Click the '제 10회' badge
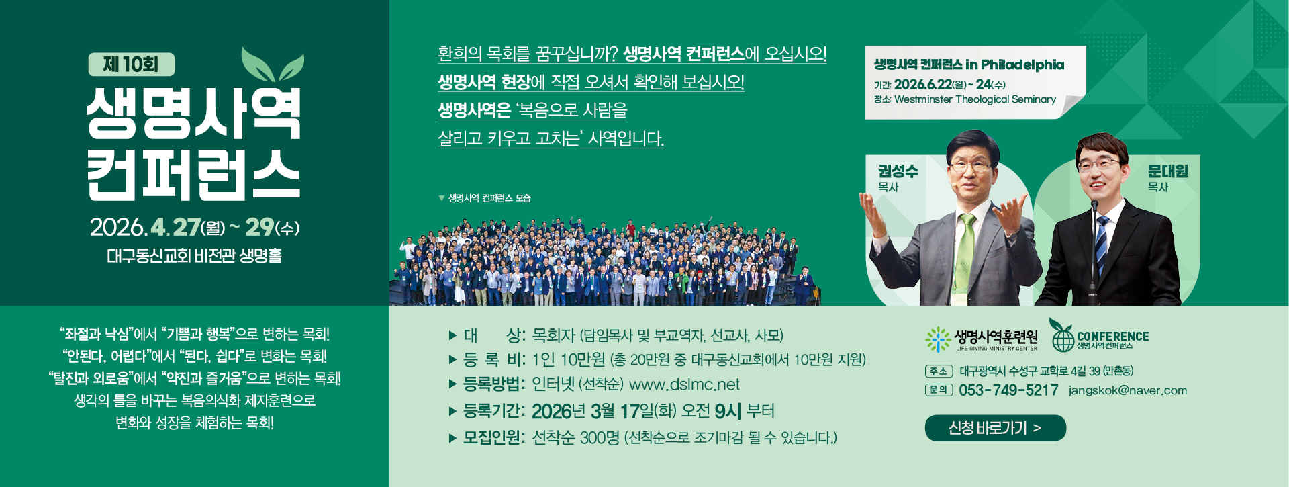[131, 64]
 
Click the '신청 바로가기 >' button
[995, 428]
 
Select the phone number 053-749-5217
[1008, 390]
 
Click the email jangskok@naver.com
[1127, 390]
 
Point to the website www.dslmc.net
[683, 384]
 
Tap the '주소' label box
[938, 371]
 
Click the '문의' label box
[938, 390]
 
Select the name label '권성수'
[898, 171]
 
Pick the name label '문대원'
[1167, 171]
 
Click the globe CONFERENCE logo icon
[1063, 337]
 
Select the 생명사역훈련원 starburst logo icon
[937, 339]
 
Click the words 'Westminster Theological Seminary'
[975, 99]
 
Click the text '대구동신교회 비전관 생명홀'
[194, 256]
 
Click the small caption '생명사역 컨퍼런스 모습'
[489, 198]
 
